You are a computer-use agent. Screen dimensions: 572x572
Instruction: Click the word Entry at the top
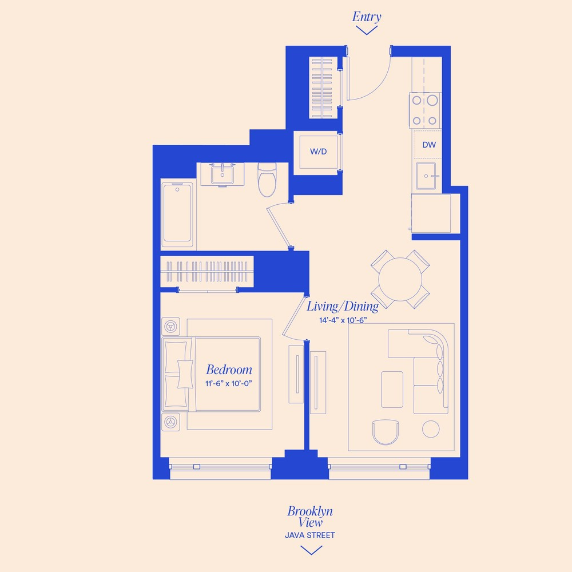(367, 17)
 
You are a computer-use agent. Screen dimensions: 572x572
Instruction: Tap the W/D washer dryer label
(318, 152)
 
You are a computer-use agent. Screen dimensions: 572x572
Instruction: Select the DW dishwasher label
(429, 145)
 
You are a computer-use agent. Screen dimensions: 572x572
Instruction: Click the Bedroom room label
(229, 370)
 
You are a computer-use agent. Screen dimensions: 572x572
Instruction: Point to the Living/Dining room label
(343, 307)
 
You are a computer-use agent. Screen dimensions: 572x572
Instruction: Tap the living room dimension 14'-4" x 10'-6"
(343, 320)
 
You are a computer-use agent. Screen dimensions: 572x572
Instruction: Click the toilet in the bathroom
(267, 180)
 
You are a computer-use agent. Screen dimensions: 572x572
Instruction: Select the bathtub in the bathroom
(177, 214)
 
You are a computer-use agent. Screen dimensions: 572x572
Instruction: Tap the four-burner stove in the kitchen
(424, 110)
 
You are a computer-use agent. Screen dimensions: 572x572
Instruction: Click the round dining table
(400, 279)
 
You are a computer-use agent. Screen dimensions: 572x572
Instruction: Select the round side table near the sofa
(431, 429)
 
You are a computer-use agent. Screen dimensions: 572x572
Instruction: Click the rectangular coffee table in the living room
(392, 389)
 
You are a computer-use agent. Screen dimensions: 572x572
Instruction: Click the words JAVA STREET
(310, 535)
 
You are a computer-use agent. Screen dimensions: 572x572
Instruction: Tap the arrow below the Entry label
(367, 30)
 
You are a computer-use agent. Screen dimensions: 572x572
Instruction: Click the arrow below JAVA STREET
(311, 550)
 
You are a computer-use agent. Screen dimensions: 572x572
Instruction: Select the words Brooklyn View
(310, 517)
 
